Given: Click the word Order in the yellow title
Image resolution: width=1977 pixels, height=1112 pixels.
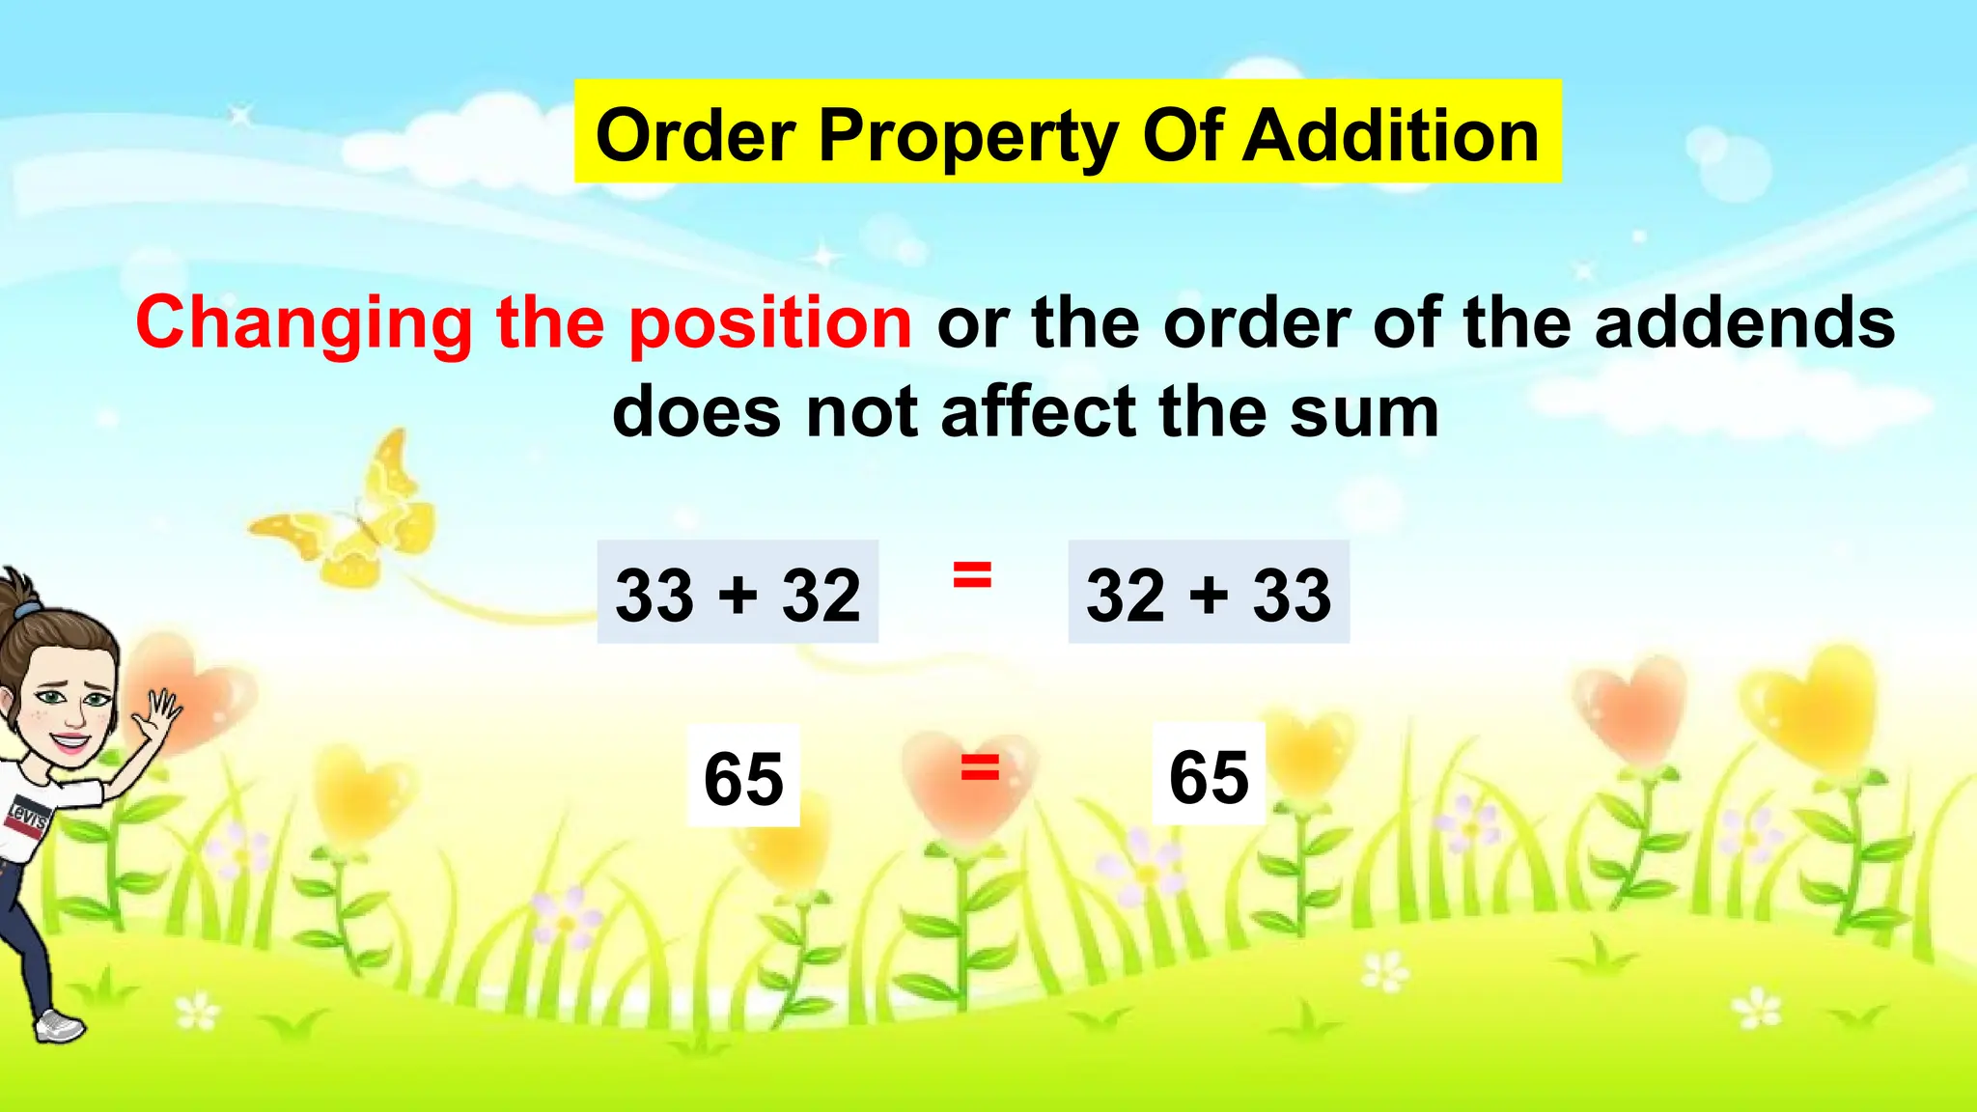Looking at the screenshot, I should click(x=695, y=135).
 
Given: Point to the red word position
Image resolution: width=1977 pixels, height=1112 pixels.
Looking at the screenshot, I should click(x=770, y=324).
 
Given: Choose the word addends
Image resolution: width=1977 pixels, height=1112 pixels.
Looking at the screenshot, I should click(x=1744, y=322).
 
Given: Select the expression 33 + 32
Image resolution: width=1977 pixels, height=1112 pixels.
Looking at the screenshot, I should click(x=738, y=593).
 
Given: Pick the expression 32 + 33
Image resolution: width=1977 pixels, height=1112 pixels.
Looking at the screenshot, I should click(x=1209, y=593).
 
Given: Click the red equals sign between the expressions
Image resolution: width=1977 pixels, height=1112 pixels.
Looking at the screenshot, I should click(x=972, y=575).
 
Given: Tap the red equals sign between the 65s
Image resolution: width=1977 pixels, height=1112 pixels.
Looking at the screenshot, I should click(x=980, y=769).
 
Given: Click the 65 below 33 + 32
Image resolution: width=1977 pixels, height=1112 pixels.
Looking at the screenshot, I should click(x=743, y=777).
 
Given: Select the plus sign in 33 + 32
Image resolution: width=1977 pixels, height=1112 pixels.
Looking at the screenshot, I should click(x=738, y=593).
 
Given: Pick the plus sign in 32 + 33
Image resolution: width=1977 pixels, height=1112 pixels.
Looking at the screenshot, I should click(x=1209, y=593).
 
